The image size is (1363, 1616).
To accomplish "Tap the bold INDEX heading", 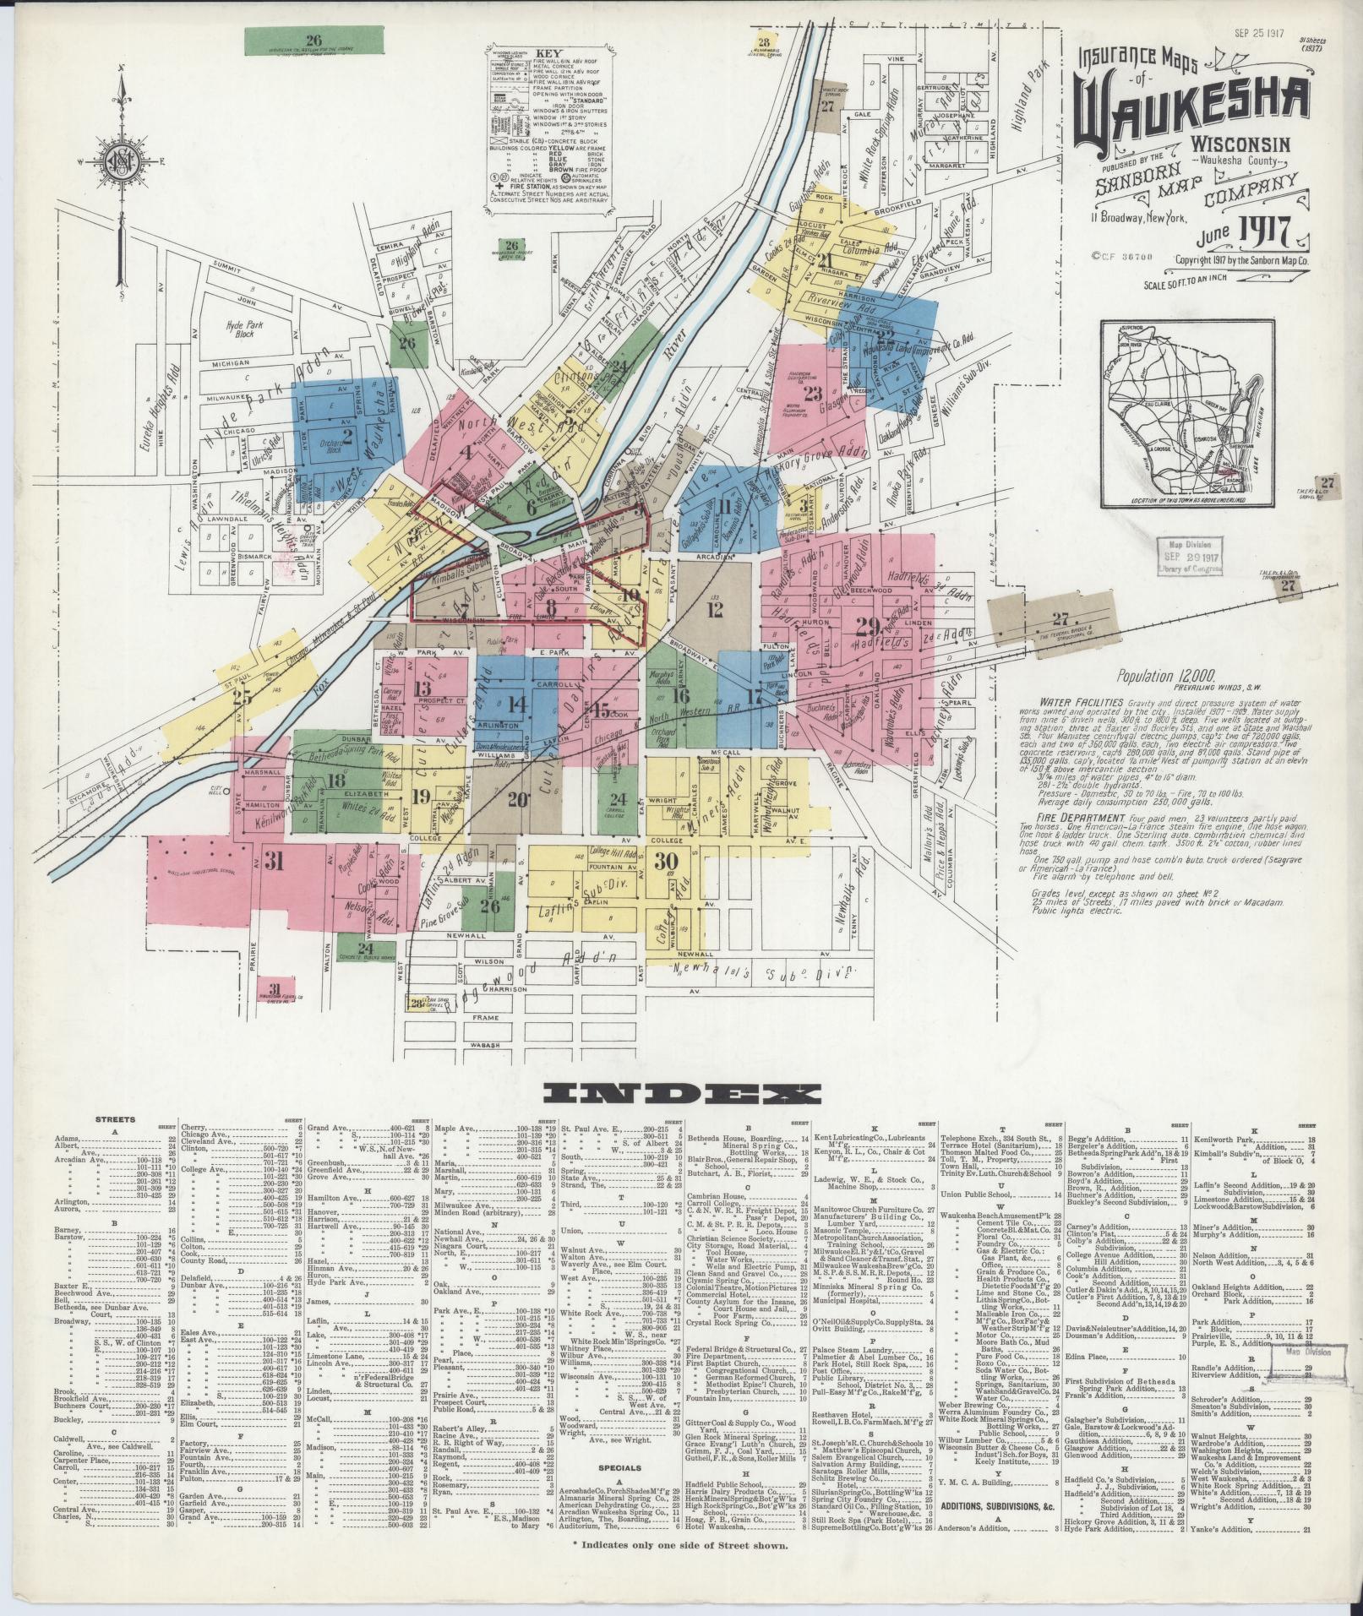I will (681, 1096).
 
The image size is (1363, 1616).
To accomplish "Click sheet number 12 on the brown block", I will (716, 609).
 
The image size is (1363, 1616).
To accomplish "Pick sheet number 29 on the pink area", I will (867, 626).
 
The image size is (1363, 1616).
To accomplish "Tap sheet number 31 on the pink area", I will (273, 861).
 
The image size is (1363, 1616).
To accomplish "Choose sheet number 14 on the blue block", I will (516, 705).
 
